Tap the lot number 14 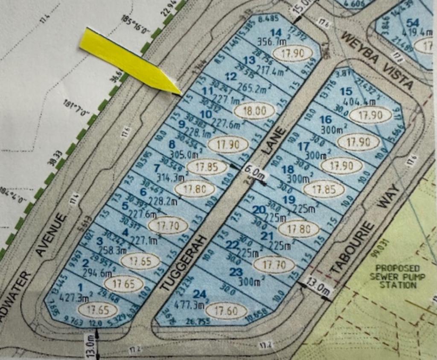(276, 32)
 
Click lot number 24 (199, 294)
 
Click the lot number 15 (347, 91)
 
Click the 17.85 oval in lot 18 (323, 189)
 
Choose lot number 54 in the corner (412, 23)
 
